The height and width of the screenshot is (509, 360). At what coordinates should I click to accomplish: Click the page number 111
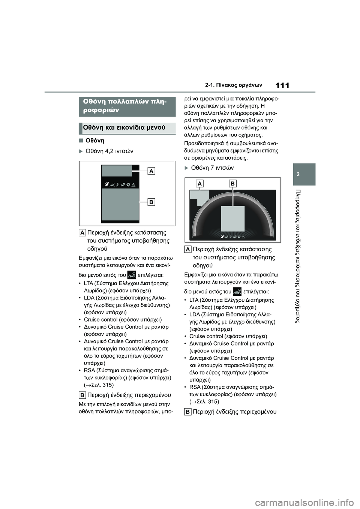[282, 85]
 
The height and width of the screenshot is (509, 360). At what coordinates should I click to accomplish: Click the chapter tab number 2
[304, 174]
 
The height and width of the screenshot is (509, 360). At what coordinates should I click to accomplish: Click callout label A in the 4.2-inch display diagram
[151, 171]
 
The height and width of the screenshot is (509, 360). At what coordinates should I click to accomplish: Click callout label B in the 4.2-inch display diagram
[151, 202]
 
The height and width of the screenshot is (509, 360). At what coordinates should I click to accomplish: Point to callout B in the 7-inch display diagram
[232, 184]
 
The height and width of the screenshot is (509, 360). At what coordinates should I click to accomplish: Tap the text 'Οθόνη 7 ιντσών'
[212, 168]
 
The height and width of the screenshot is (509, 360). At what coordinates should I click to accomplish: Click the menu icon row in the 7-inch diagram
[233, 236]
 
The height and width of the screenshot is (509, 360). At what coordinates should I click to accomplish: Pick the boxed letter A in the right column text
[188, 249]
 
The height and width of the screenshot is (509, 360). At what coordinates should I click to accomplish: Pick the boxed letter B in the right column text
[188, 412]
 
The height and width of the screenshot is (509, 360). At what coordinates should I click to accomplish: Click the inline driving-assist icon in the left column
[132, 275]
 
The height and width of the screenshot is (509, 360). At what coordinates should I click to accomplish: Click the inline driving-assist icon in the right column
[237, 291]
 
